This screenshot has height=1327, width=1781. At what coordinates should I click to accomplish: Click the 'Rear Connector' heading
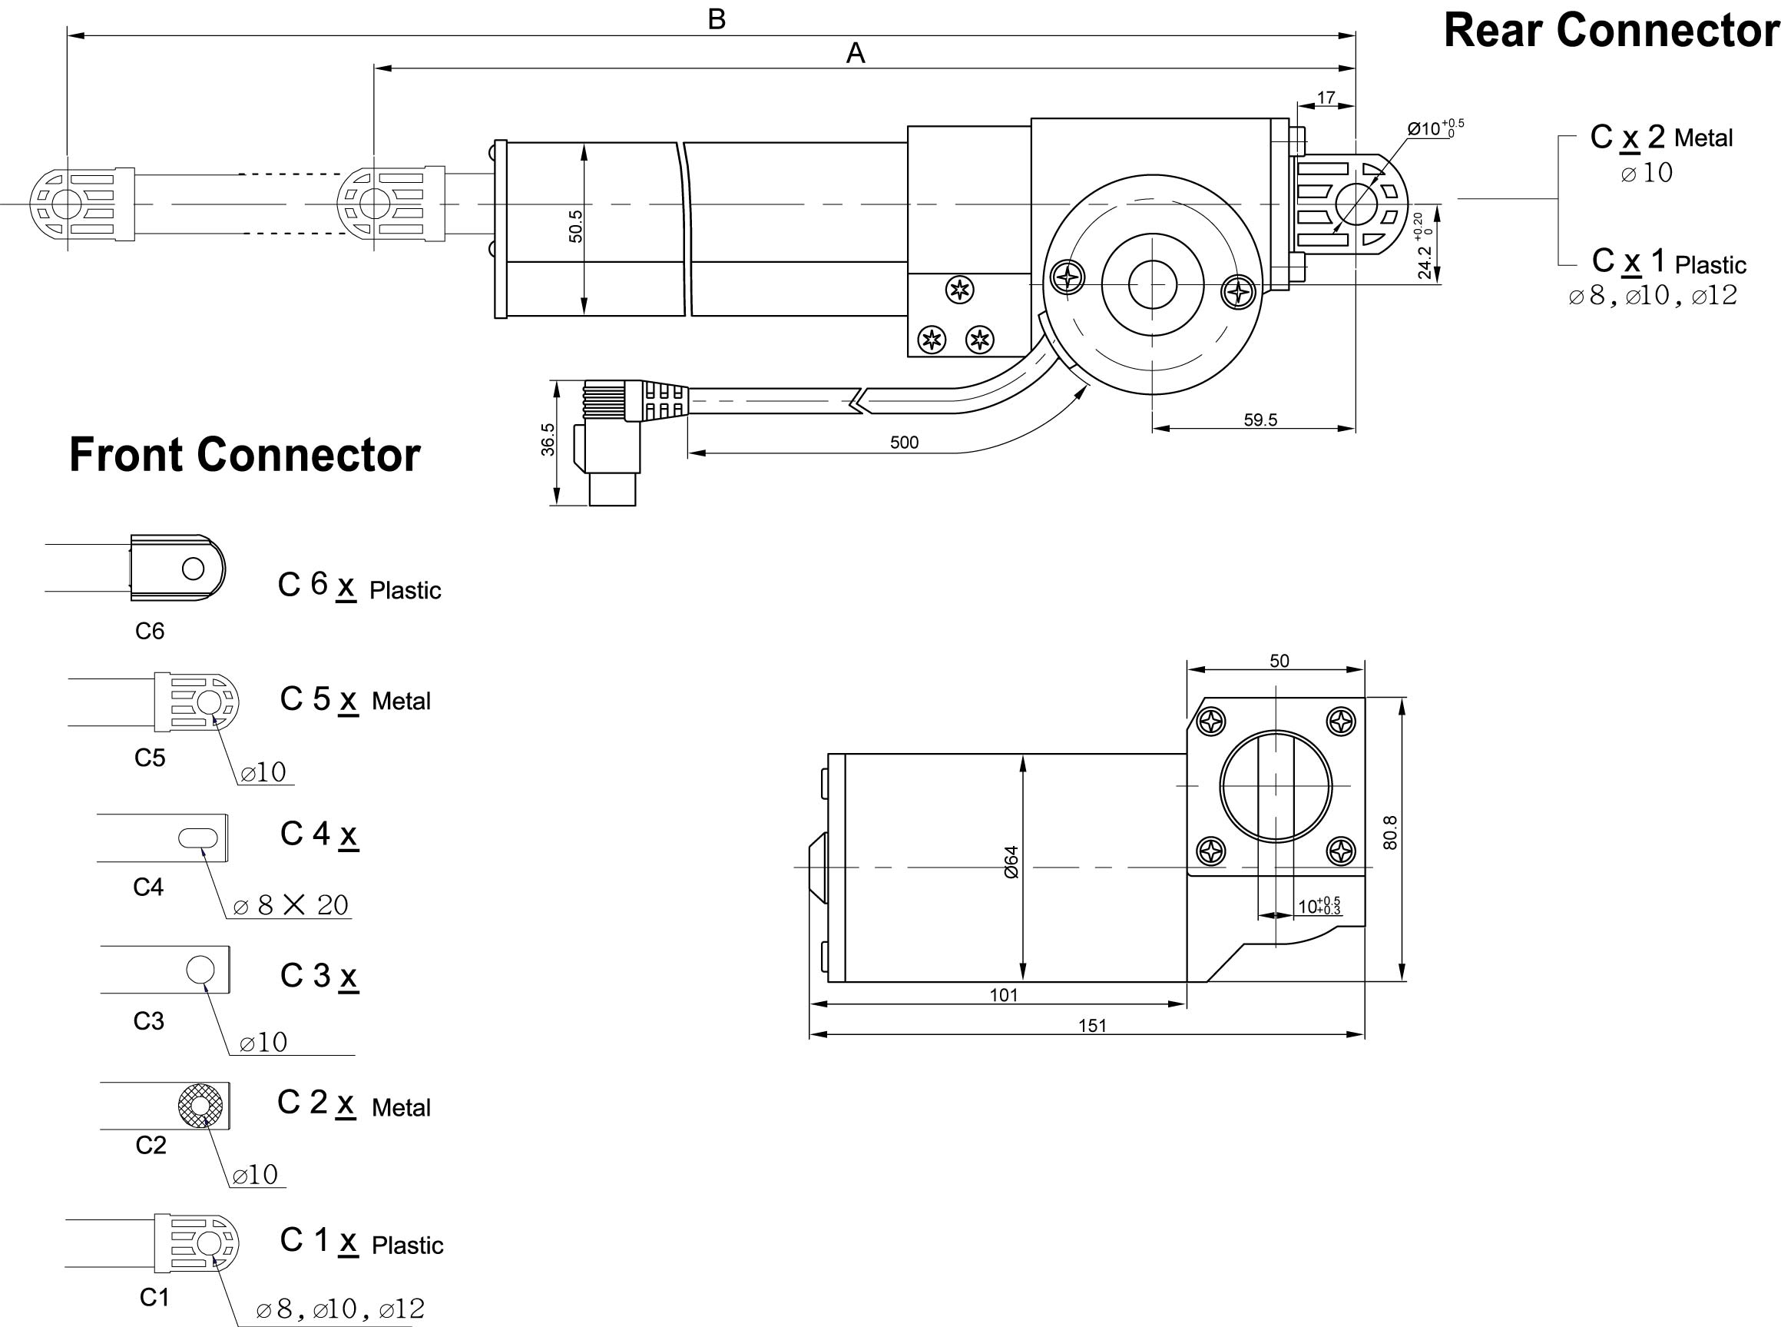click(1611, 31)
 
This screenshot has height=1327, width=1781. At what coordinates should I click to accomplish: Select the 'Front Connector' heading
click(245, 455)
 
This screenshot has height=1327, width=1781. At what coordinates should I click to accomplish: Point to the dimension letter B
click(717, 19)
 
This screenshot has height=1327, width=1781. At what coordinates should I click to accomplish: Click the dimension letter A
click(856, 54)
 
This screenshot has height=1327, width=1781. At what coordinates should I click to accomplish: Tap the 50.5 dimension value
click(576, 226)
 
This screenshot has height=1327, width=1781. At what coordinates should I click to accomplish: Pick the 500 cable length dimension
click(904, 443)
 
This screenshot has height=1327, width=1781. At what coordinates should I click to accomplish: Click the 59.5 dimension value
click(1260, 420)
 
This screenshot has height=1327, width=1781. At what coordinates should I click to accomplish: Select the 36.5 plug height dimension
click(548, 440)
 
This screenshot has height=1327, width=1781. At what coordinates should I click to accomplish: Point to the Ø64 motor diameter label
click(1011, 862)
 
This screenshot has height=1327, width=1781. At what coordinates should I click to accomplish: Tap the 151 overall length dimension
click(1093, 1026)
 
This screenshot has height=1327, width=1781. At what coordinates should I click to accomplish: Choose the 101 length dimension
click(1004, 995)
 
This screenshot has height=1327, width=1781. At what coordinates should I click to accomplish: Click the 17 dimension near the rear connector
click(1326, 97)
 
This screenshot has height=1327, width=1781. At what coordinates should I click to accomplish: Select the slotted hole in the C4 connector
click(197, 838)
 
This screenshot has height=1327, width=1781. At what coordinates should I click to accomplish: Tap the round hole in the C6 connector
click(194, 569)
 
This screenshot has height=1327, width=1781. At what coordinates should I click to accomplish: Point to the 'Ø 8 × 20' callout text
click(290, 905)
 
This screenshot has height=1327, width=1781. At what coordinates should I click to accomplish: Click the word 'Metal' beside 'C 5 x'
click(402, 702)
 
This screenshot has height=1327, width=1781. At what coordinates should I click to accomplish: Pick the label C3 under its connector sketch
click(148, 1021)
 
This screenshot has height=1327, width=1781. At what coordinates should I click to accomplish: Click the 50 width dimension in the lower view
click(1279, 660)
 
